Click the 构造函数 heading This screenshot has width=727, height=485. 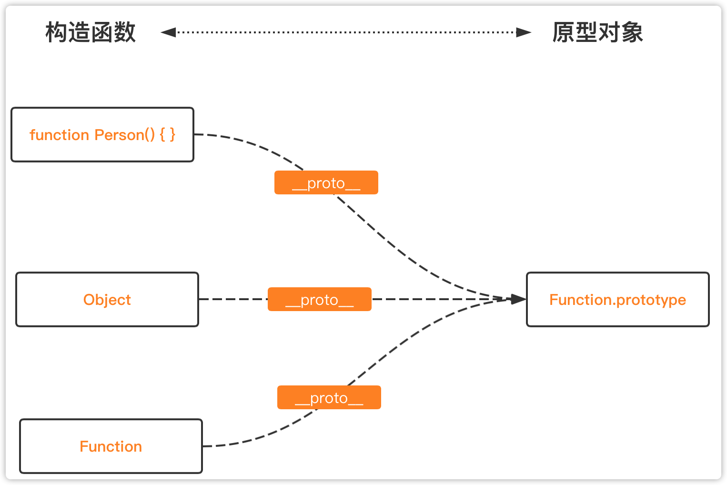[x=91, y=32]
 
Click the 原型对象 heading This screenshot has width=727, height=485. [x=598, y=32]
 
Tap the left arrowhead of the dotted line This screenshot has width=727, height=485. [x=168, y=32]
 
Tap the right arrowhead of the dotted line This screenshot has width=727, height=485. [x=524, y=32]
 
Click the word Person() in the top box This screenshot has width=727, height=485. [x=125, y=135]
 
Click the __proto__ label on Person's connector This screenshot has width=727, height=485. [x=326, y=182]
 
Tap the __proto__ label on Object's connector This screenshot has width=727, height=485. [x=320, y=299]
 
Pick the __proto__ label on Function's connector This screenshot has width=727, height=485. [x=329, y=397]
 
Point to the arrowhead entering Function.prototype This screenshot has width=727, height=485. [x=518, y=299]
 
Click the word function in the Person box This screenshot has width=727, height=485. [x=60, y=135]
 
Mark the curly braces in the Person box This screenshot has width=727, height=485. [x=168, y=134]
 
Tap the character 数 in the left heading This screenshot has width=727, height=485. [x=125, y=32]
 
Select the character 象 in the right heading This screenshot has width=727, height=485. [x=632, y=32]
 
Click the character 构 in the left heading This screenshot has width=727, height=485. [x=57, y=32]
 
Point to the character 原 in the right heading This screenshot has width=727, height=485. [x=564, y=32]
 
